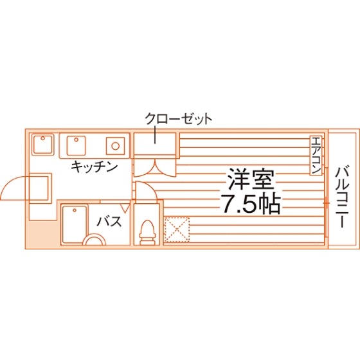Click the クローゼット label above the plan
178,119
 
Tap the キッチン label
94,167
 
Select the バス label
109,221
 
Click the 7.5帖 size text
251,204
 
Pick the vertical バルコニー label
342,198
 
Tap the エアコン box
316,156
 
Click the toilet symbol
148,232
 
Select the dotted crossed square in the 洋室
177,230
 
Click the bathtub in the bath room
75,224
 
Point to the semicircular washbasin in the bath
94,239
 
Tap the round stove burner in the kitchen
116,145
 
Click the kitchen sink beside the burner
76,145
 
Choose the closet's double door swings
155,168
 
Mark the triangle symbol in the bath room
125,208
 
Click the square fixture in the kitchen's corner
42,145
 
